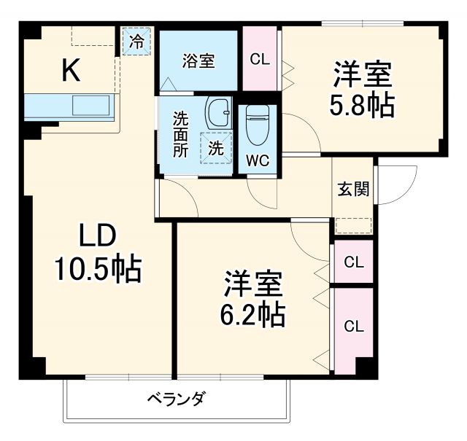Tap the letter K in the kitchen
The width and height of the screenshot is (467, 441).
(x=70, y=70)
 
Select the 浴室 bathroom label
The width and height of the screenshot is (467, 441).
(x=198, y=61)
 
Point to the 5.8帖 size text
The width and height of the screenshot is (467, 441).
(x=363, y=106)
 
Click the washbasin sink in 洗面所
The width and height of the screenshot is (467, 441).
(x=217, y=113)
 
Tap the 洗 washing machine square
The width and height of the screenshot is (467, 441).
(x=216, y=148)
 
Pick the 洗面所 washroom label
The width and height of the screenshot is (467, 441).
(x=180, y=134)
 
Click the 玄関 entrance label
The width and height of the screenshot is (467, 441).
(x=353, y=189)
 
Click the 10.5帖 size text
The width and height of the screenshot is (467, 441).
(x=96, y=270)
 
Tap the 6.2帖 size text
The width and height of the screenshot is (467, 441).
(x=253, y=313)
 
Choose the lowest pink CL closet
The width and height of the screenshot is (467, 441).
(x=352, y=325)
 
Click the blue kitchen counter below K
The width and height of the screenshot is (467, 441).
(x=69, y=106)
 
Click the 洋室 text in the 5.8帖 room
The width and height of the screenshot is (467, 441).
(x=363, y=75)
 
